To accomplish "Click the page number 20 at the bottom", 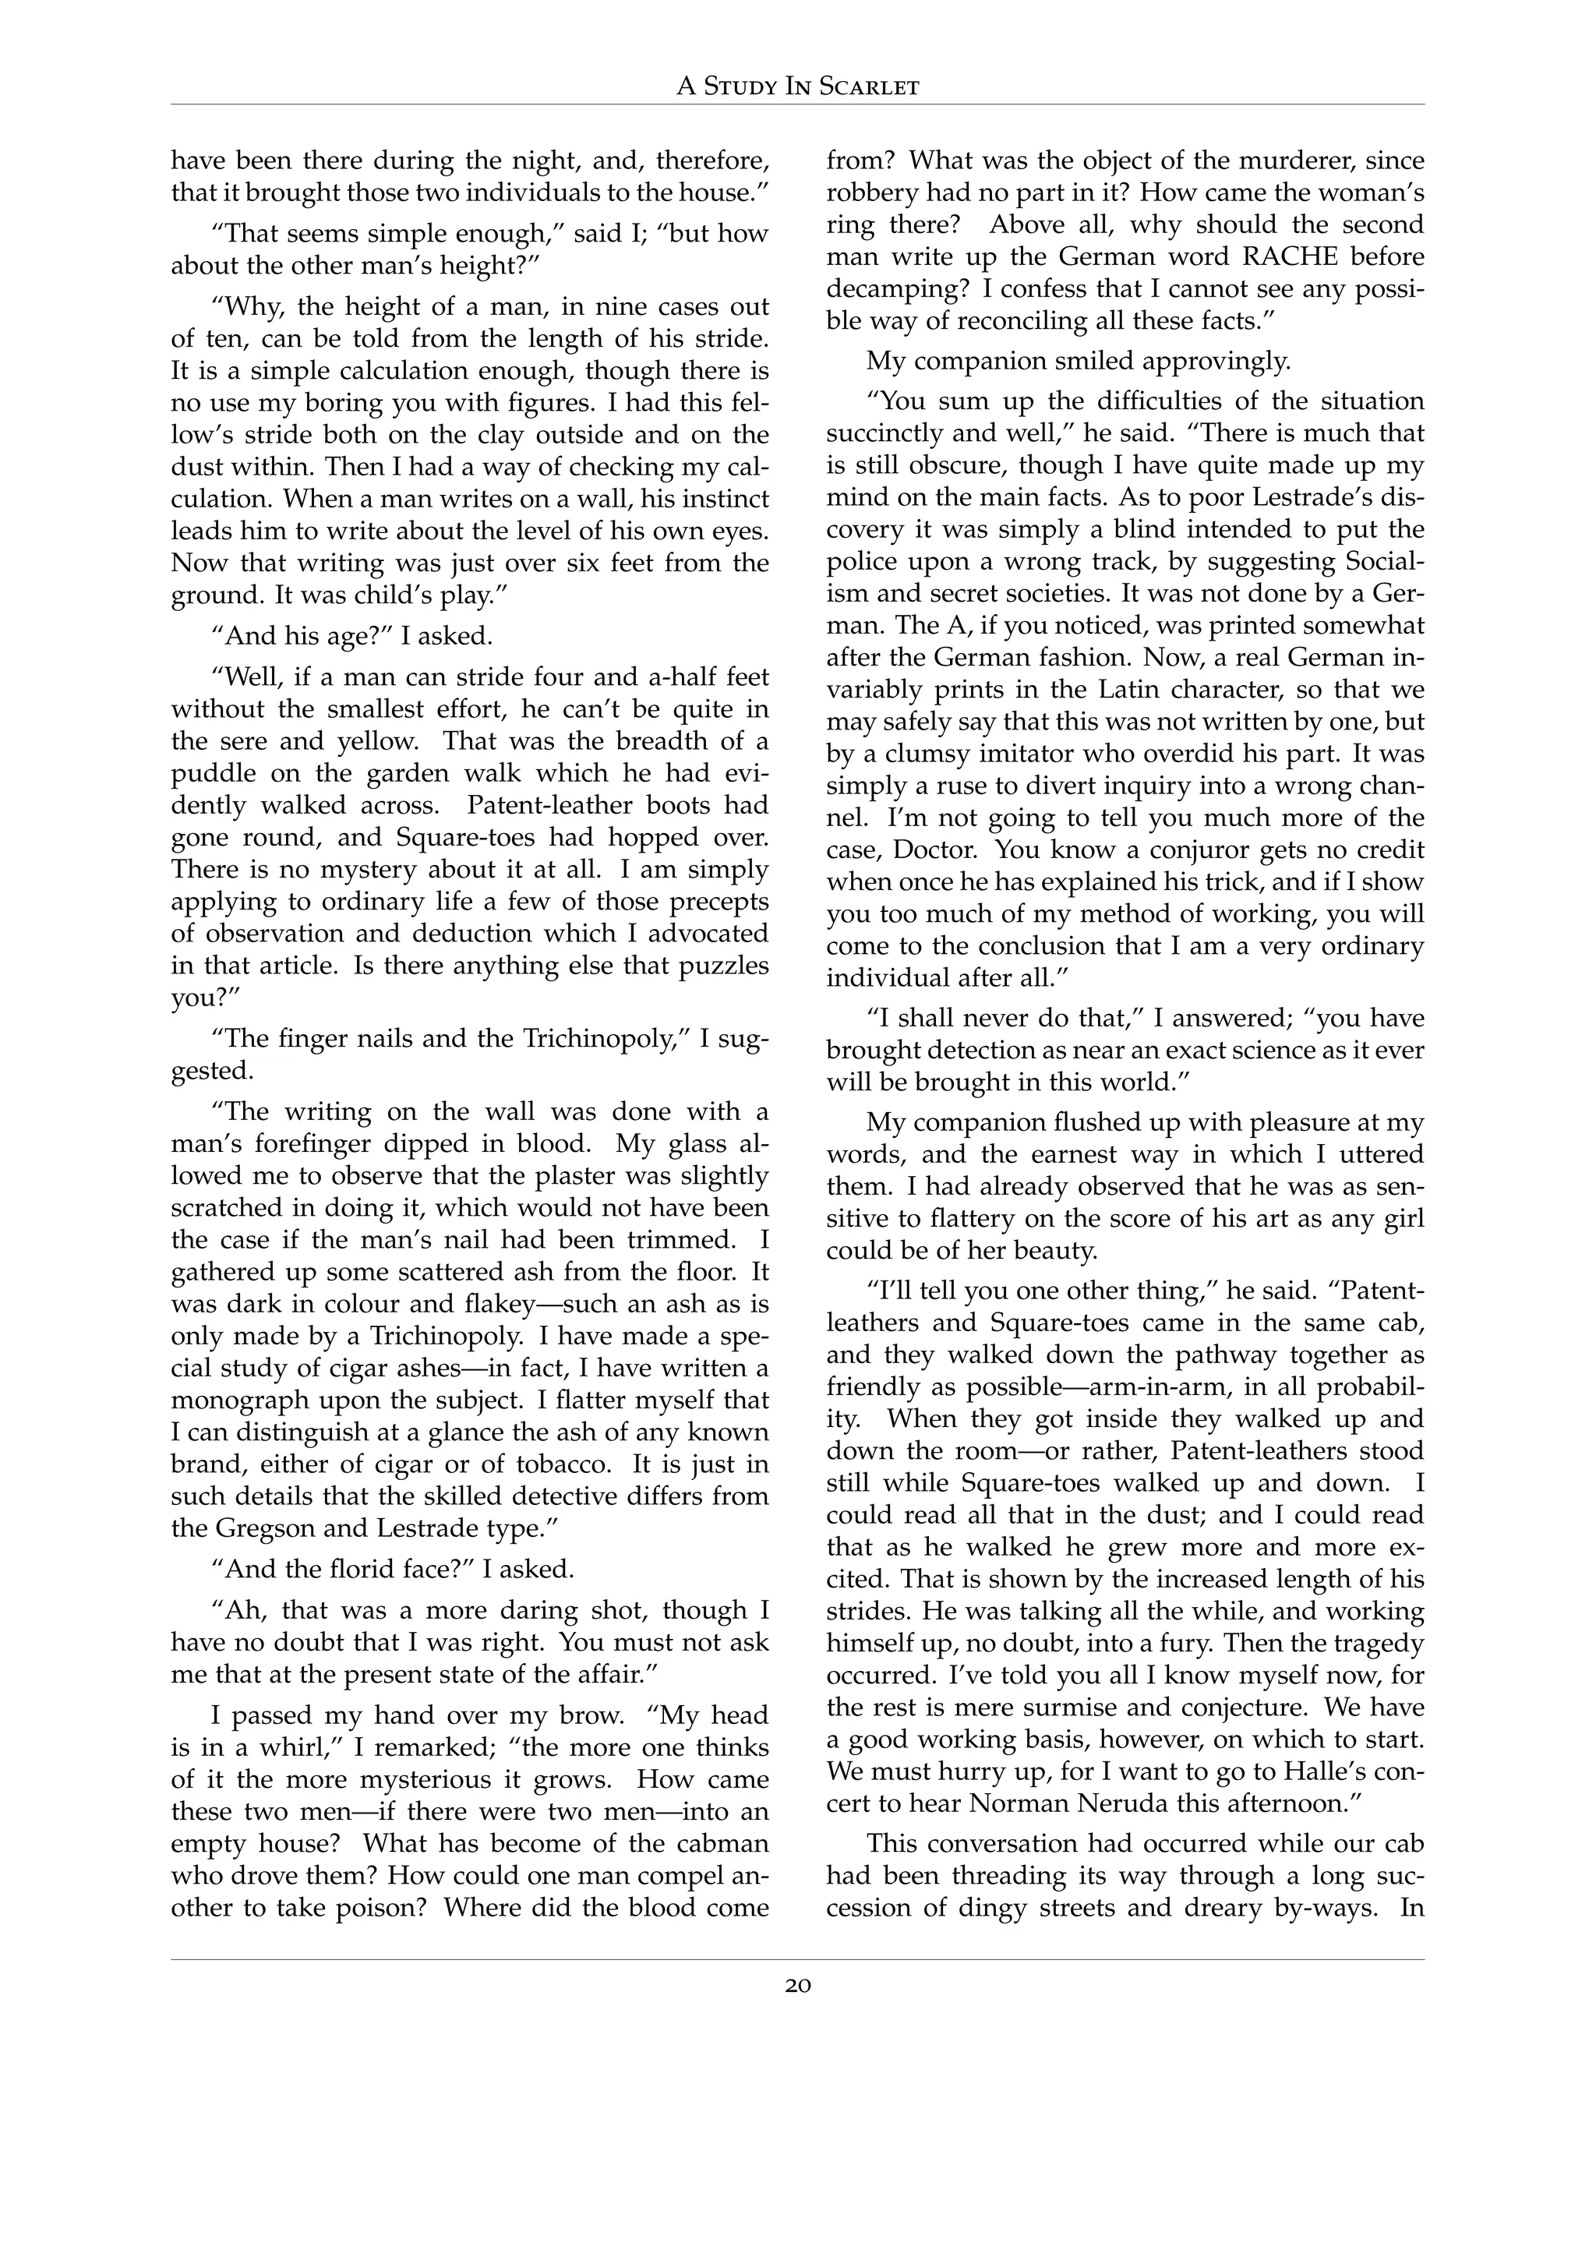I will point(798,1986).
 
